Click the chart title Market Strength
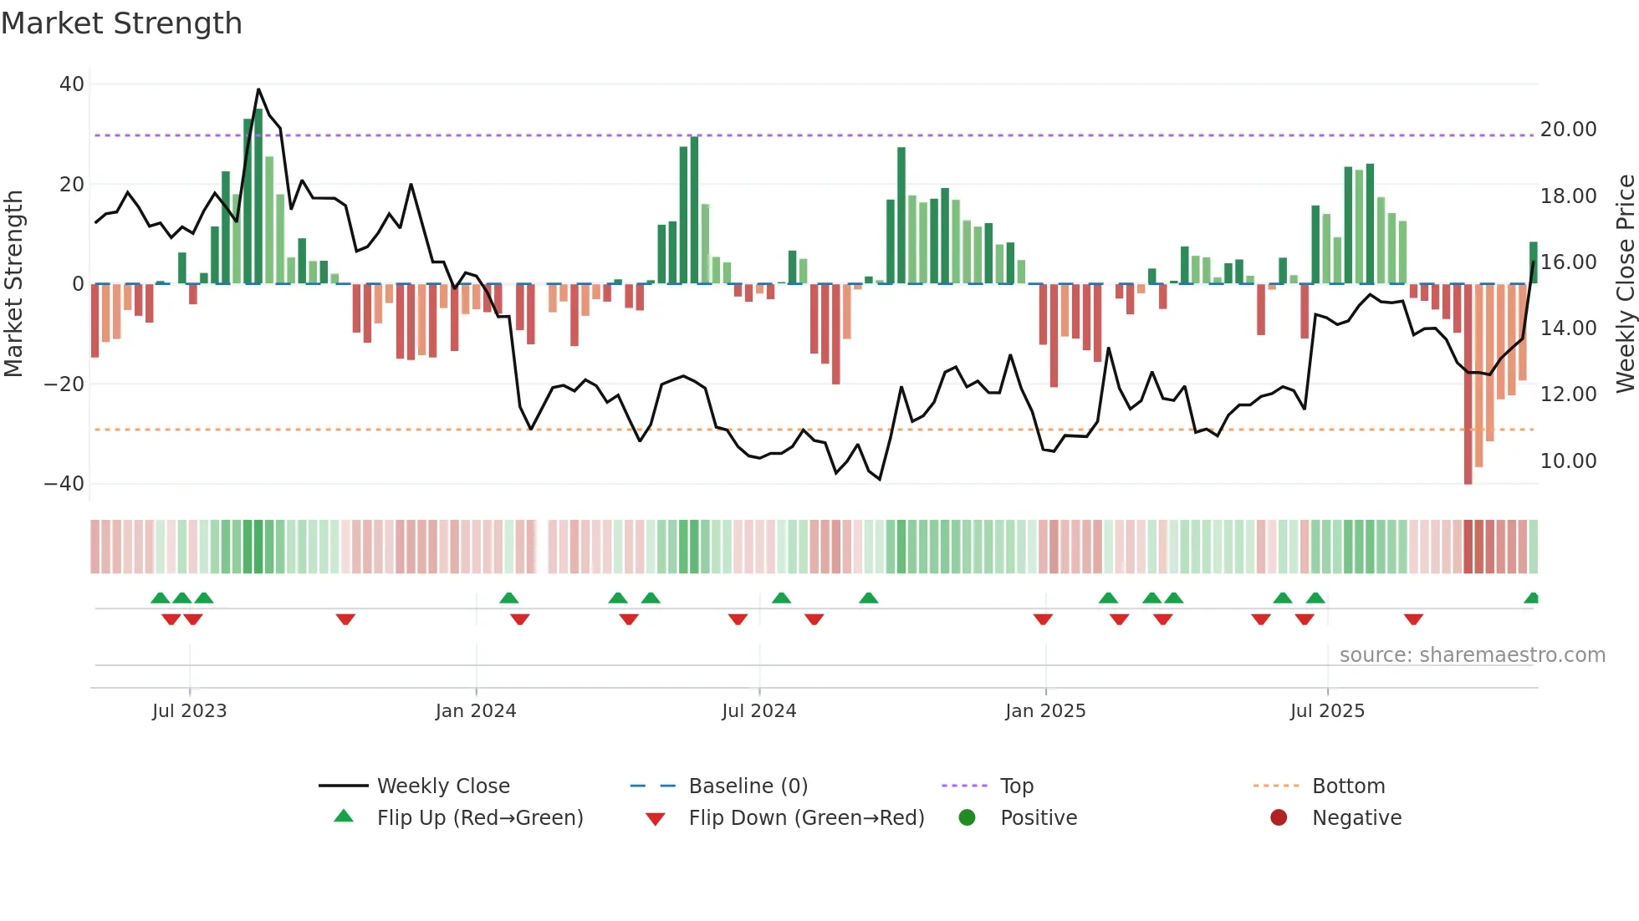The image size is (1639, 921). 121,23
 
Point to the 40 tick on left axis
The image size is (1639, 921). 72,84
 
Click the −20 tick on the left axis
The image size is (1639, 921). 64,384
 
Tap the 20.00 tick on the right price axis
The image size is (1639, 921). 1568,130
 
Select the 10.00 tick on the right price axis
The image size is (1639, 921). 1568,461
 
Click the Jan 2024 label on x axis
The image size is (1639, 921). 476,711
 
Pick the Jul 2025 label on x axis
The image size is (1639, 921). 1327,711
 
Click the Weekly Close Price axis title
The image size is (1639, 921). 1625,284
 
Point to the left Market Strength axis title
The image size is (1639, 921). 13,284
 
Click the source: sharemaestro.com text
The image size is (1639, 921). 1472,655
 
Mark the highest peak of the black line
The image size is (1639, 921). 258,89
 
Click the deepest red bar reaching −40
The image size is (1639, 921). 1468,384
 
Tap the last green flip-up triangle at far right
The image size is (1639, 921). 1531,598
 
